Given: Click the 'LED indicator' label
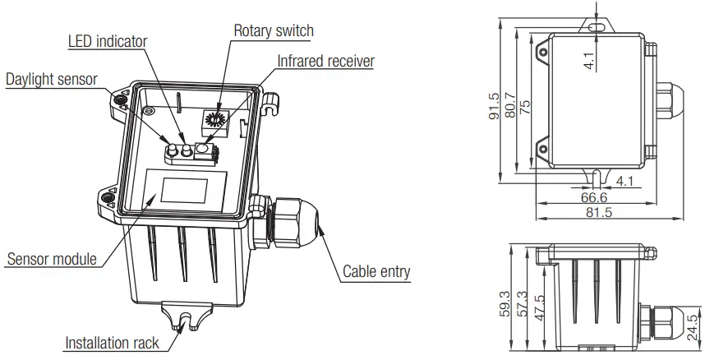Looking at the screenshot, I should click(107, 40).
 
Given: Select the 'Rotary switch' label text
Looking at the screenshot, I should click(274, 30).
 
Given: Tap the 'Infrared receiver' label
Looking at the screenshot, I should click(325, 61).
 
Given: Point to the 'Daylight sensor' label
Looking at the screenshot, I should click(52, 80).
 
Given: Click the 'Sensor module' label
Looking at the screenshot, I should click(52, 260).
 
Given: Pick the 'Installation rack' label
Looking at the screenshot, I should click(113, 342).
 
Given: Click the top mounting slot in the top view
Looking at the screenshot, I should click(596, 26).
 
